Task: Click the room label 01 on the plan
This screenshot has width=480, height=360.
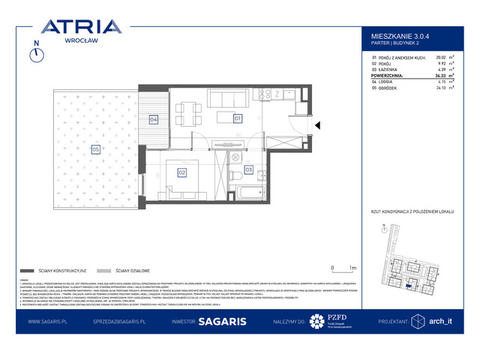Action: click(x=237, y=118)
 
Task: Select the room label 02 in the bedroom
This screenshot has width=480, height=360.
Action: click(x=181, y=172)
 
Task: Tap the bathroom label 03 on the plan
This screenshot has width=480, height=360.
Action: click(x=249, y=170)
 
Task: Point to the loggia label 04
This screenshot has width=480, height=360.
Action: click(x=153, y=119)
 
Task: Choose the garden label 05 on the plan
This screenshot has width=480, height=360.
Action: click(x=95, y=149)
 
